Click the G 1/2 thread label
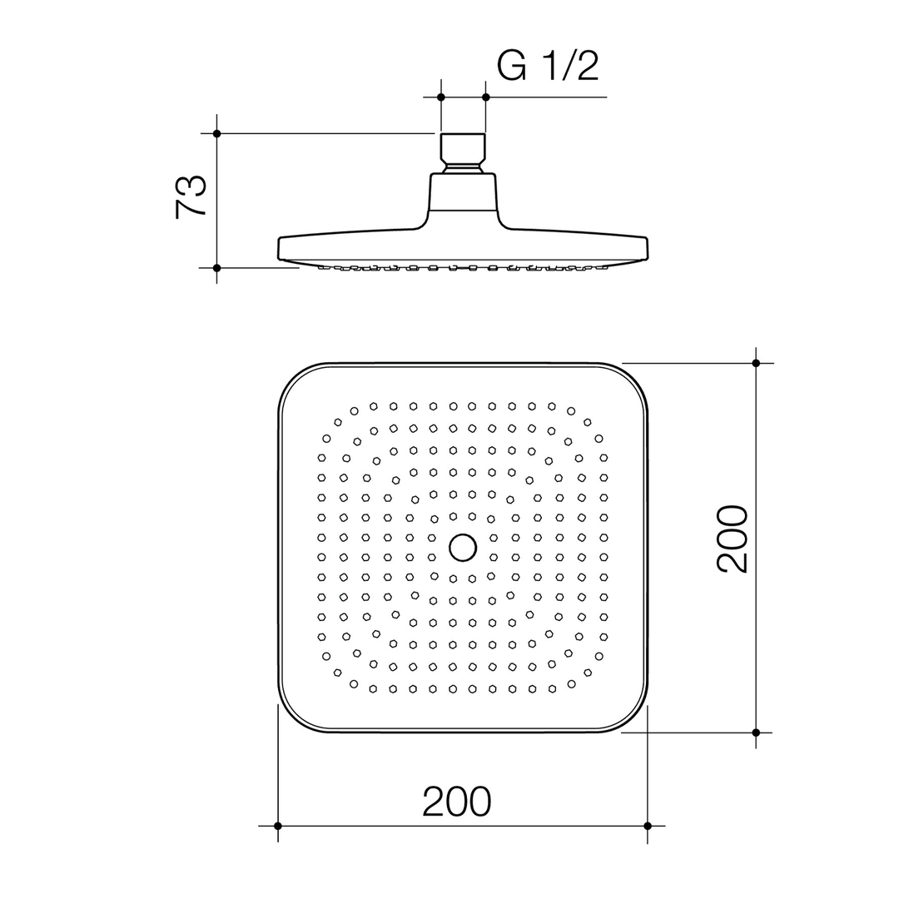coord(548,66)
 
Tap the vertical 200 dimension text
coord(733,539)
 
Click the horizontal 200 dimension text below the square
coord(457,802)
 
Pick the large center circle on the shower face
coord(463,548)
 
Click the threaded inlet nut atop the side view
coord(463,150)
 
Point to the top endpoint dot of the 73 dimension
coord(216,133)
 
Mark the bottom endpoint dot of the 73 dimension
coord(216,267)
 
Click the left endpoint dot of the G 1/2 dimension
coord(441,97)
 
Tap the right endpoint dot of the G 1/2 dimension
coord(486,97)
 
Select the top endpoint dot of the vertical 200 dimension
coord(756,363)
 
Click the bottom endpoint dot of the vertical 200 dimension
coord(756,733)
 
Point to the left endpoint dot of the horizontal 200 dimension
coord(278,826)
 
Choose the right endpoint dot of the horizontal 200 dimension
coord(648,826)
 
